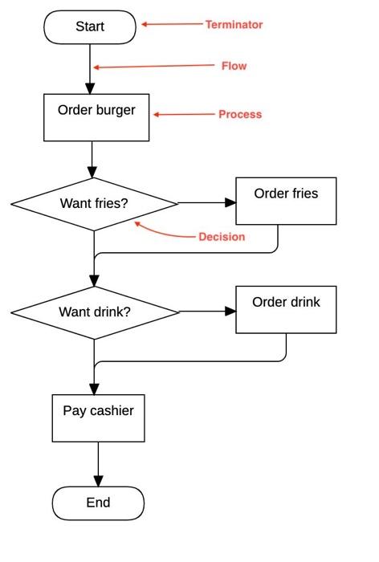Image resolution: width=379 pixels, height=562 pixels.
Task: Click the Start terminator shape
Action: (x=90, y=26)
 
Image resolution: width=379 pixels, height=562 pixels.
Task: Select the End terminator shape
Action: (x=98, y=503)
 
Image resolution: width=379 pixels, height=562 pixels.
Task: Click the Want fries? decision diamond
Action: (x=94, y=204)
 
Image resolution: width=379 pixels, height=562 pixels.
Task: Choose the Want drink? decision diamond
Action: (x=94, y=312)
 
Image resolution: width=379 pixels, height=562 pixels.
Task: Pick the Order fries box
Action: (x=285, y=201)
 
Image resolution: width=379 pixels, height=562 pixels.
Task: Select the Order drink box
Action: (x=285, y=309)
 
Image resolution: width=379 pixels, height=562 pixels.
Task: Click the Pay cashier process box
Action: (x=98, y=417)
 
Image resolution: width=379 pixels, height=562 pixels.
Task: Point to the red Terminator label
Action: (x=234, y=25)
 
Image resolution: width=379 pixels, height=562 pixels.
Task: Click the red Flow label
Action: (x=234, y=66)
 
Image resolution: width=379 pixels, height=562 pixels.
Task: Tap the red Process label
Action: (x=240, y=115)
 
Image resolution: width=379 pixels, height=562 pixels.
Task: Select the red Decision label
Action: (x=222, y=237)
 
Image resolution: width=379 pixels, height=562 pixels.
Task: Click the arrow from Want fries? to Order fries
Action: (x=206, y=203)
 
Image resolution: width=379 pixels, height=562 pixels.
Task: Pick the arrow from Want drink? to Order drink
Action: (x=206, y=311)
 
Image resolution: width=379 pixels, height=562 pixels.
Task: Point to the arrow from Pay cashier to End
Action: (x=98, y=464)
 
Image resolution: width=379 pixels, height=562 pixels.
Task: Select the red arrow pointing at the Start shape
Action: (x=172, y=25)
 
